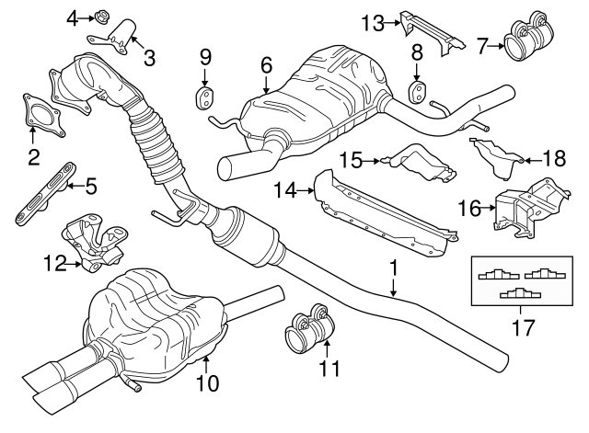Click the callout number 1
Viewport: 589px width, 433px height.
coord(394,267)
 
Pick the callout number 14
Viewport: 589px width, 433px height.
coord(286,190)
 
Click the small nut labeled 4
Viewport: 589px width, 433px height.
coord(100,16)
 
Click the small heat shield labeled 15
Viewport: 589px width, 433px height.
coord(419,163)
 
